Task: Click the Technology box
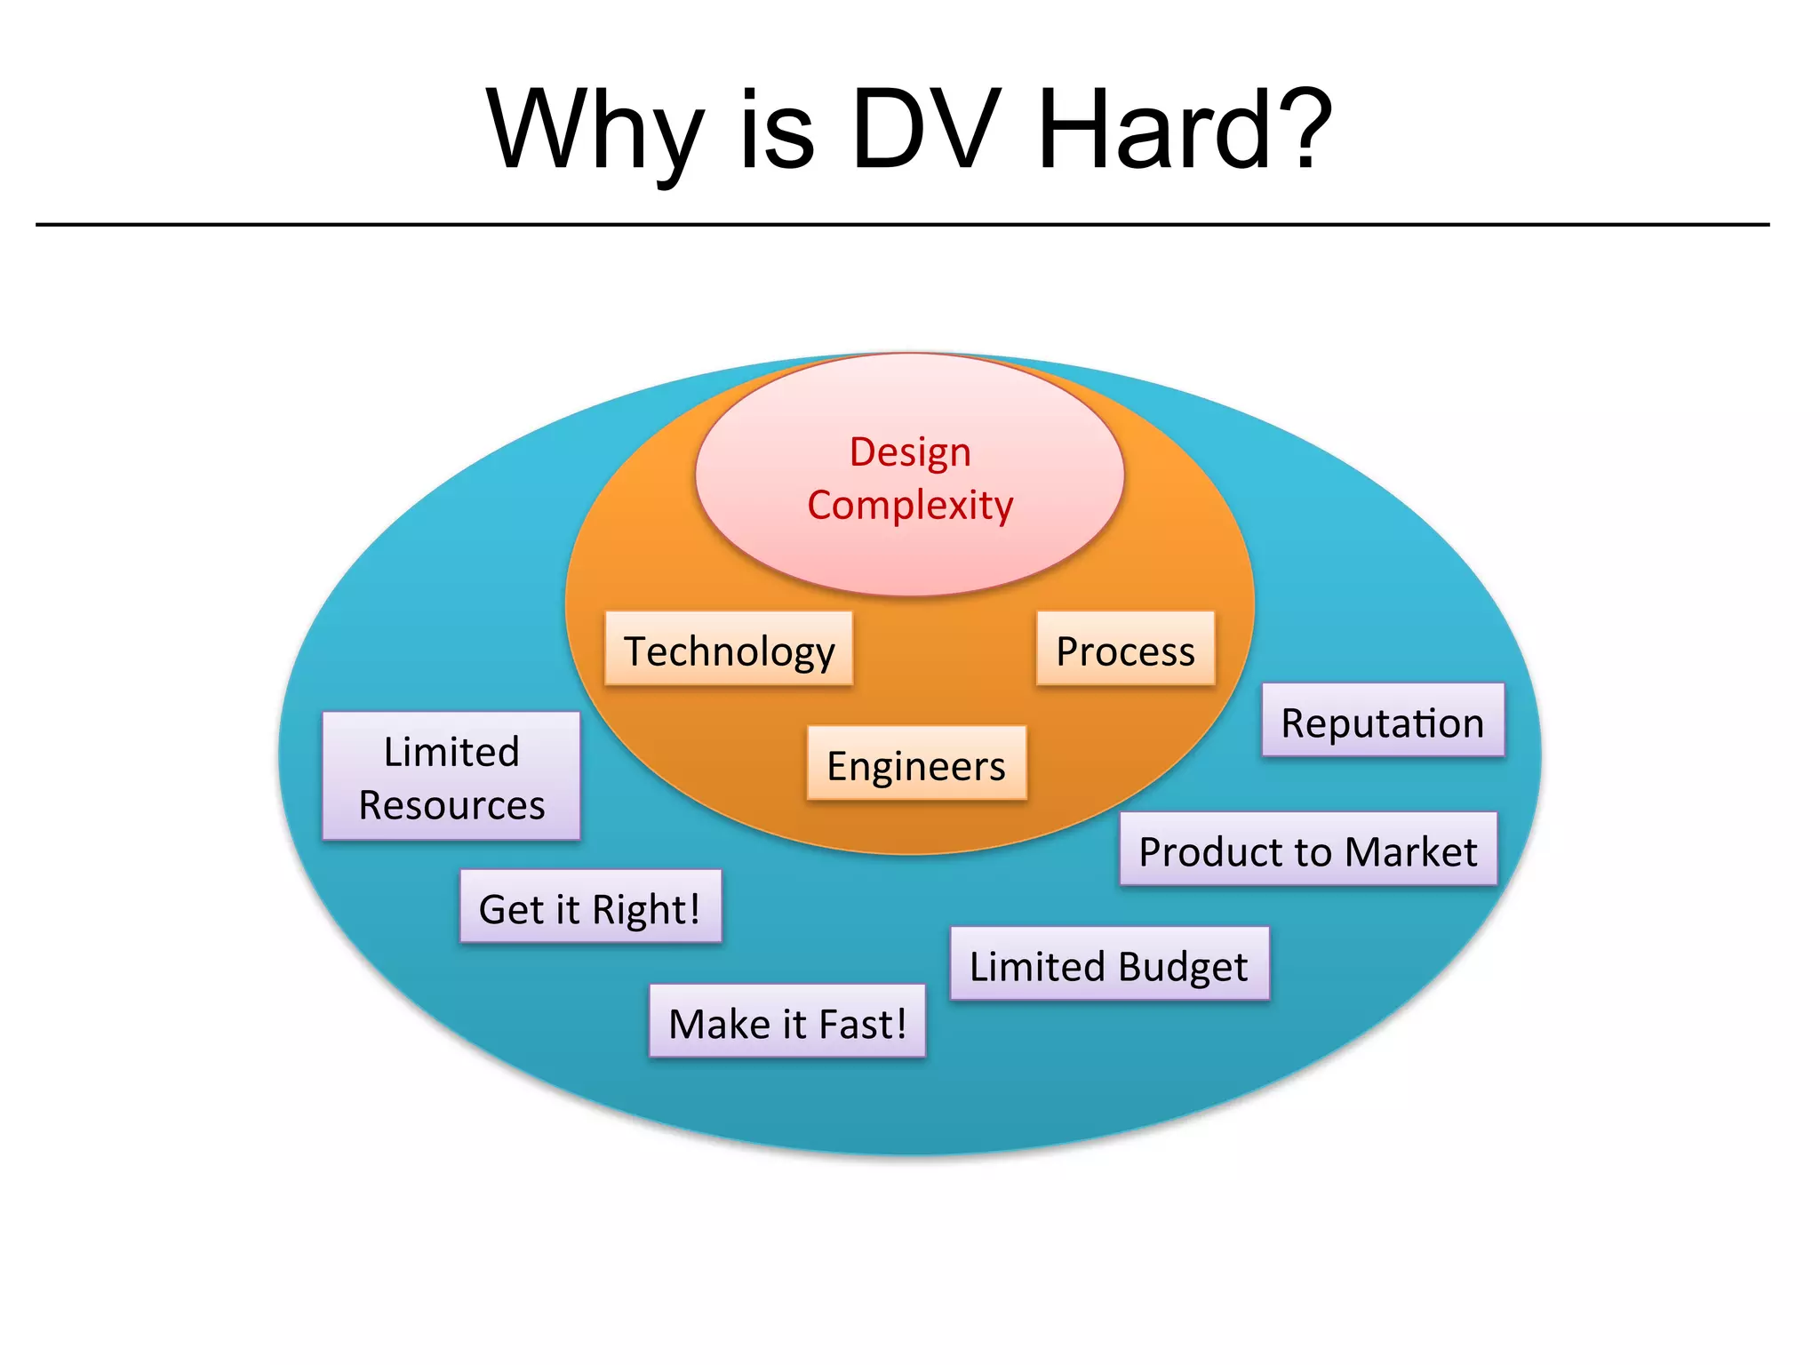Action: coord(729,649)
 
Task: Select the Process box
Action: coord(1125,649)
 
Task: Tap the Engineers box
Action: coord(916,763)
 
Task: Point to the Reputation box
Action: coord(1383,721)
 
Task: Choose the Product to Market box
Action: coord(1308,849)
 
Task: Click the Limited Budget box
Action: coord(1109,964)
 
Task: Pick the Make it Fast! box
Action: coord(787,1021)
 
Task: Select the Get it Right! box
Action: coord(590,906)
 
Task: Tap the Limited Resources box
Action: coord(451,777)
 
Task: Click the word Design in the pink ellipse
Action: coord(910,451)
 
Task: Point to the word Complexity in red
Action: coord(910,505)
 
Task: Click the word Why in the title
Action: coord(595,132)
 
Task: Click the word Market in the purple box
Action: coord(1411,851)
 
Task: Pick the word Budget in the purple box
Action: coord(1184,967)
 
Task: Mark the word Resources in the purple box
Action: coord(451,805)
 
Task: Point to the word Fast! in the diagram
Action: coord(862,1024)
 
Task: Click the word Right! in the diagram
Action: coord(646,909)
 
